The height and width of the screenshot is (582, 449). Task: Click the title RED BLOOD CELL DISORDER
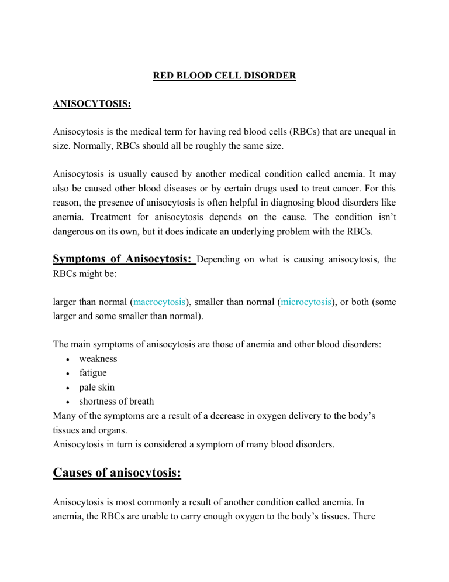click(224, 76)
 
